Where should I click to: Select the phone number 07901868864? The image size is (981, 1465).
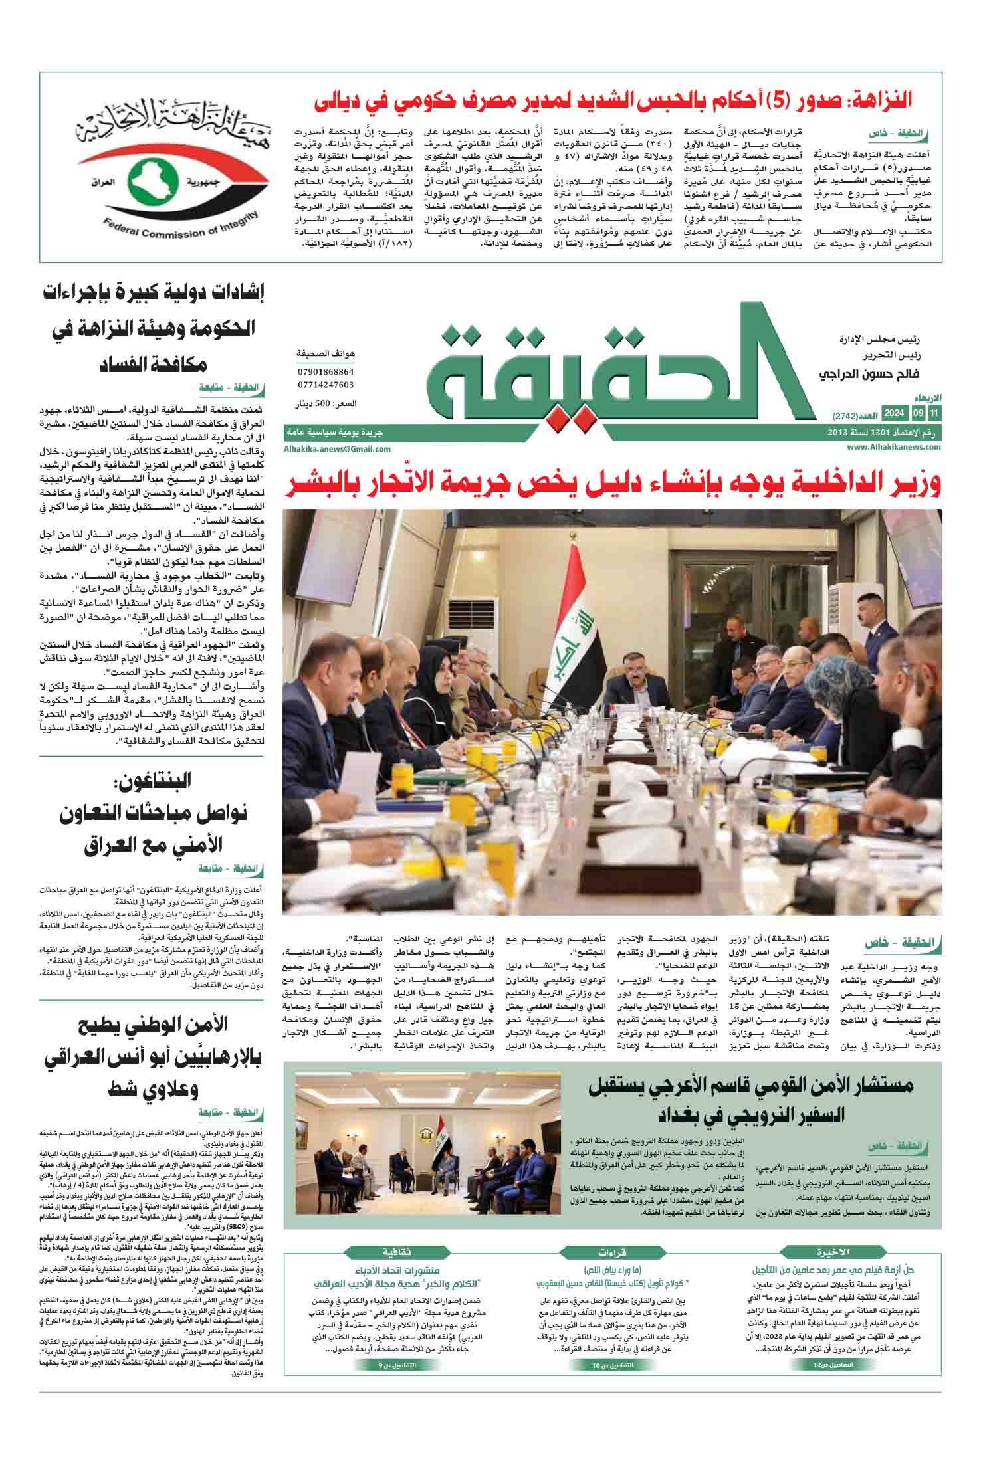[x=326, y=372]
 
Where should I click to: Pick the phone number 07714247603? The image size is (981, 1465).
[x=326, y=385]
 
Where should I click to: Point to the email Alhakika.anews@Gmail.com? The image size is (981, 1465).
[x=337, y=449]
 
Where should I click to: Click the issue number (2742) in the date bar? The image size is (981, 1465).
[x=847, y=417]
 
